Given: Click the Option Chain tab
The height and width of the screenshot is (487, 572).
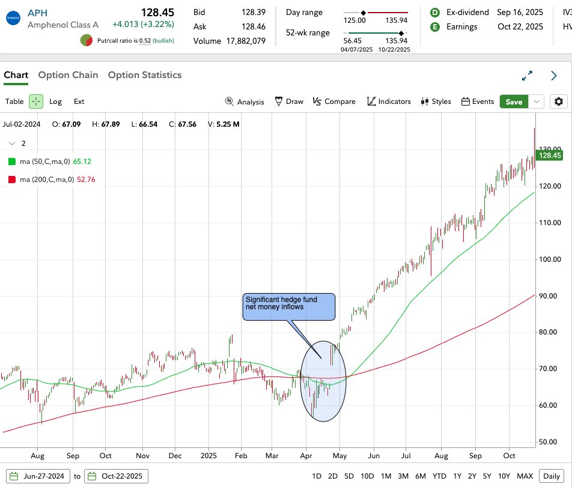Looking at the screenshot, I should coord(68,75).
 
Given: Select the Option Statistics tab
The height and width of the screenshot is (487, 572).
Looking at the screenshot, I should coord(144,75).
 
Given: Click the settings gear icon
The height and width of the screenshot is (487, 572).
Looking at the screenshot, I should coord(559,101).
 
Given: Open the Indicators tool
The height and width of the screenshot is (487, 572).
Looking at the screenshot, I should coord(389,101).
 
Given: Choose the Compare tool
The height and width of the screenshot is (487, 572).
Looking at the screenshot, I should coord(334,101).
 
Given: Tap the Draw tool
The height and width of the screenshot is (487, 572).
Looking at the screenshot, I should coord(289,101).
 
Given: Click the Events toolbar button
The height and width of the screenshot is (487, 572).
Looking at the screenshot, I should coord(478,101).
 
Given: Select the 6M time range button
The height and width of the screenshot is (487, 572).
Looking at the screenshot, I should coord(420,476).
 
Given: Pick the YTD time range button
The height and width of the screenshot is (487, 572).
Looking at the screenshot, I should coord(440,476).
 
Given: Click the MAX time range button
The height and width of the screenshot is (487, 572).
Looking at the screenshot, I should coord(525,476).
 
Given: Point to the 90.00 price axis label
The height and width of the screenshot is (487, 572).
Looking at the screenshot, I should coord(549,296).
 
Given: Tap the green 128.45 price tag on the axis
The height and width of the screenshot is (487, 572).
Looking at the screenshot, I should coord(550,156).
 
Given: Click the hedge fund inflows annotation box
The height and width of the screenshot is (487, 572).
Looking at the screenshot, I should coord(289,307).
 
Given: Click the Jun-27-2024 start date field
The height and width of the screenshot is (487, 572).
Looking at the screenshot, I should coord(39,476).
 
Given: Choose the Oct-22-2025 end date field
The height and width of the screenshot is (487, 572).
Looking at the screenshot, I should coord(116,476).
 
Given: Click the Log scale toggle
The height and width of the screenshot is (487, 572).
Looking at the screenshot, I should coord(55,101).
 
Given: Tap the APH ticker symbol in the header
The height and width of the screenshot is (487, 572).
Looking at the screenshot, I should coord(37,13).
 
